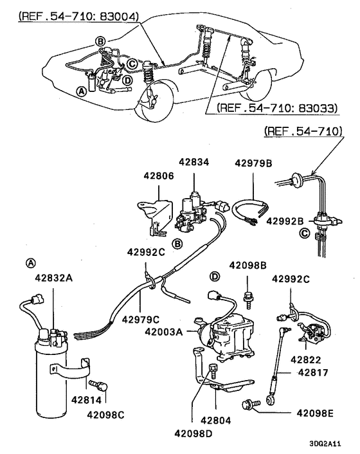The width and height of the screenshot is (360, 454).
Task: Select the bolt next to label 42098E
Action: point(250,405)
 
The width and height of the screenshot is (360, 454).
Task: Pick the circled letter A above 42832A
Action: point(30,263)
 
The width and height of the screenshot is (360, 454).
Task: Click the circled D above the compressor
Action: point(215,277)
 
